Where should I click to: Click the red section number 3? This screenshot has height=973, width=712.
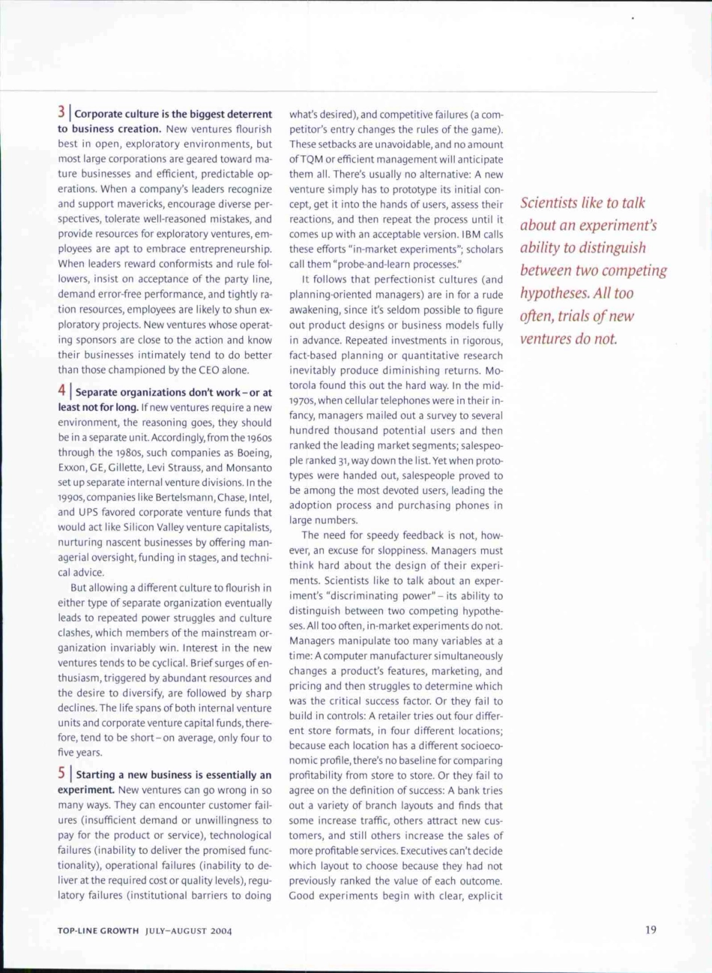[62, 113]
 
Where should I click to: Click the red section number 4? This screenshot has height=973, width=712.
[62, 391]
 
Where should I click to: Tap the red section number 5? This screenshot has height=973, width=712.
[62, 774]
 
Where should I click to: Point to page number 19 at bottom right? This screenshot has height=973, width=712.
[650, 930]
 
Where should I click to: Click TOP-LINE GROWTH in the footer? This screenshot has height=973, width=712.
[98, 931]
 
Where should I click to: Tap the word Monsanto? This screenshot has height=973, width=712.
[248, 467]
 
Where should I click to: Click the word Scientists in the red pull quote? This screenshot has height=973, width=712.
[552, 203]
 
